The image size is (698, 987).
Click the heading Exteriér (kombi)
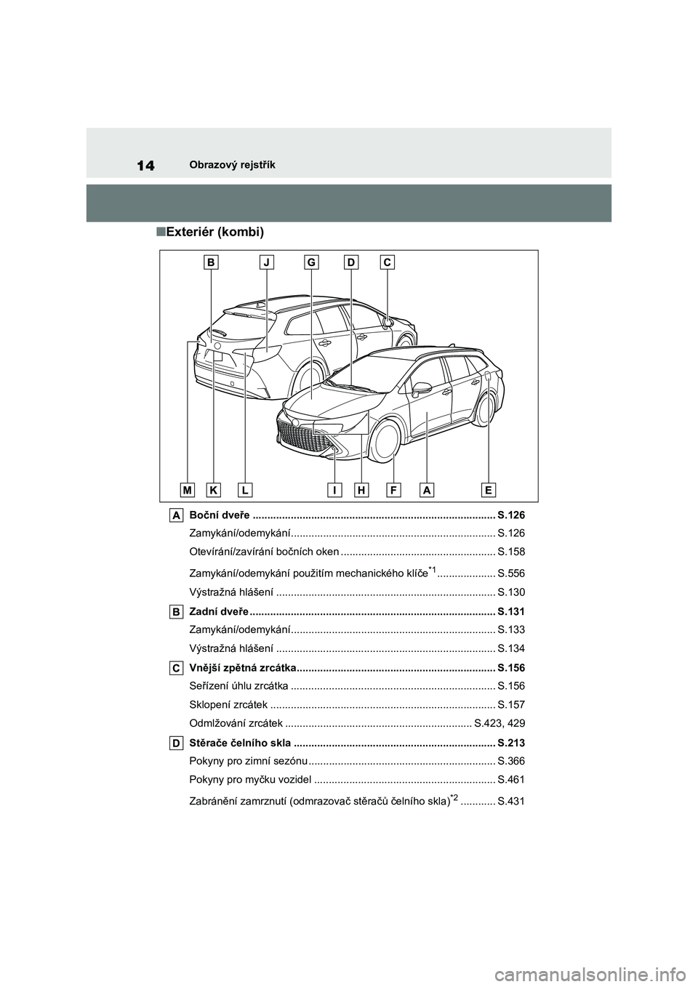pyautogui.click(x=209, y=232)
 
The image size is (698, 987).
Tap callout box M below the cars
pyautogui.click(x=188, y=490)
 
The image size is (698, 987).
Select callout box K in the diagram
pyautogui.click(x=214, y=490)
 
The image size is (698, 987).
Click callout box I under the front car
pyautogui.click(x=335, y=490)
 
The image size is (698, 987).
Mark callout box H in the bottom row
pyautogui.click(x=361, y=490)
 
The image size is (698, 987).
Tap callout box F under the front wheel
pyautogui.click(x=393, y=490)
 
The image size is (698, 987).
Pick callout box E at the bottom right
pyautogui.click(x=489, y=490)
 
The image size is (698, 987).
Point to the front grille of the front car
pyautogui.click(x=303, y=438)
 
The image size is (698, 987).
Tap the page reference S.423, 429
pyautogui.click(x=499, y=723)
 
